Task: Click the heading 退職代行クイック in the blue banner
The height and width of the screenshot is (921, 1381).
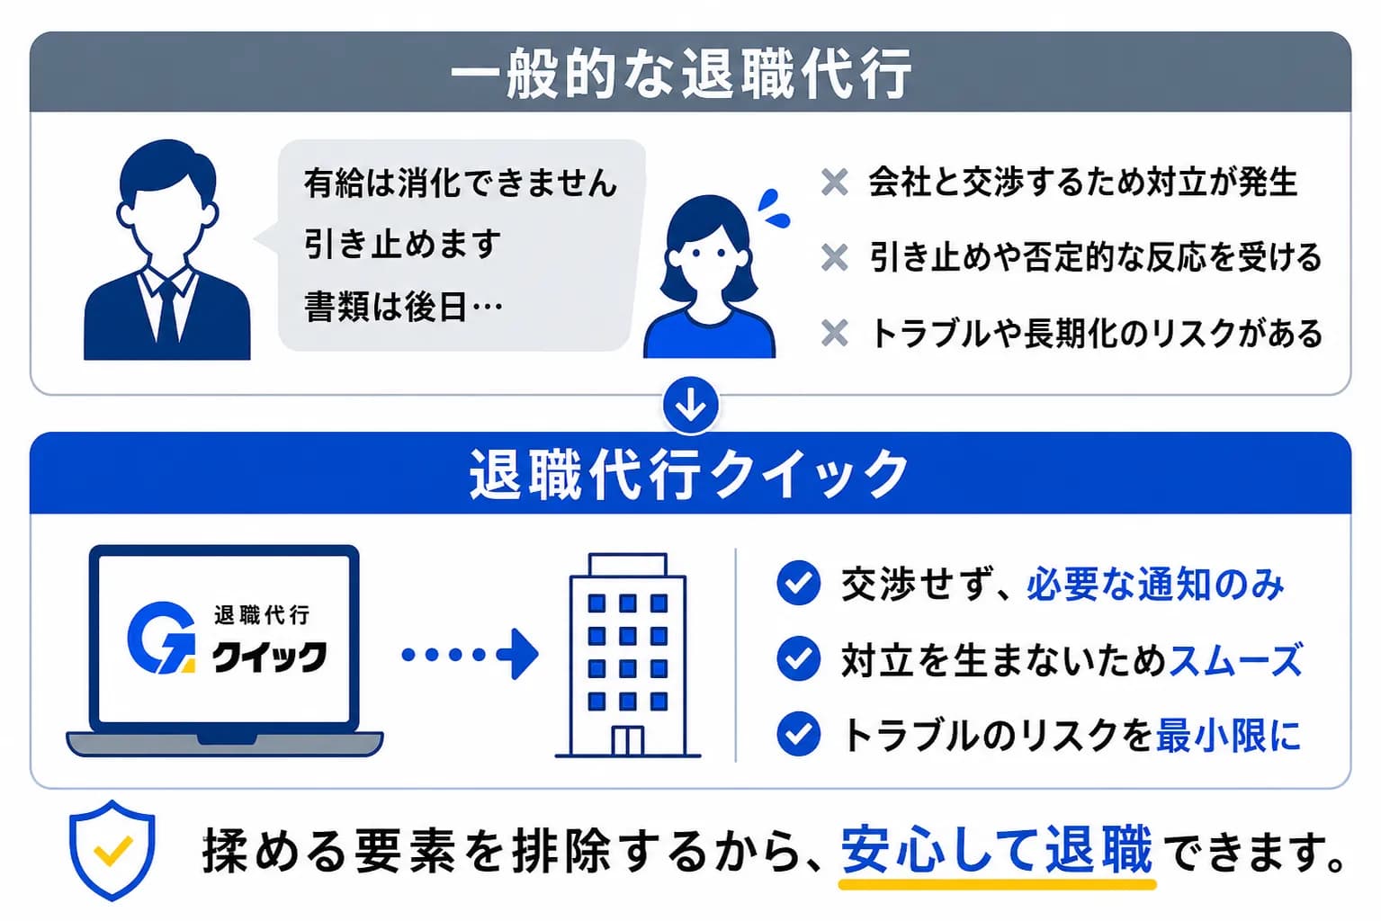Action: coord(689,474)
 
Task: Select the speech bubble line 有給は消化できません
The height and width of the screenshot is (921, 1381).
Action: coord(461,183)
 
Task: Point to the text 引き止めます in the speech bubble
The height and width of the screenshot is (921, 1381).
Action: coord(402,245)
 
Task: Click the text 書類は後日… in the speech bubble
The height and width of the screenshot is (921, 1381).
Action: coord(403,308)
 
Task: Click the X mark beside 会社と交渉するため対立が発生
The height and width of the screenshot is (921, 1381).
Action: coord(835,183)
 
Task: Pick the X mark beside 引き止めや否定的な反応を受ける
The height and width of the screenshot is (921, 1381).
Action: coord(835,258)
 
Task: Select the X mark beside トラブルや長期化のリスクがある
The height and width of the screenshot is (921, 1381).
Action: coord(835,334)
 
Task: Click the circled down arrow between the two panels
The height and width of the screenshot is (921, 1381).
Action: coord(690,406)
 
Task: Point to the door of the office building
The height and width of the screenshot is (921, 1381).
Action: coord(627,740)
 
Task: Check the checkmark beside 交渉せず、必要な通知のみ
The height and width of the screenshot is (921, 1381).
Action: coord(798,583)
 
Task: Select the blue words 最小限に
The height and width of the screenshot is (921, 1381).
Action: coord(1228,735)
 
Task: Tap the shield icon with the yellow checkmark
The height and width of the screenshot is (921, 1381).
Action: coord(112,849)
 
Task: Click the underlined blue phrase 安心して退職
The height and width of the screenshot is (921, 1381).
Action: coord(996,849)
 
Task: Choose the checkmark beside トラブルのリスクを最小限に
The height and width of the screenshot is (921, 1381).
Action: coord(798,734)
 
